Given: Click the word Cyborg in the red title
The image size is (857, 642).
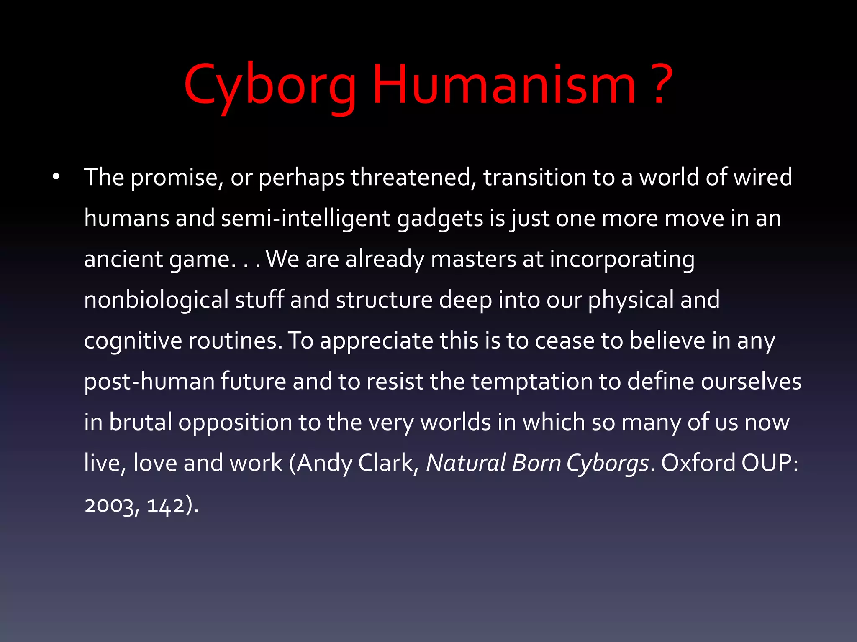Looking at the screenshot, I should (x=270, y=86).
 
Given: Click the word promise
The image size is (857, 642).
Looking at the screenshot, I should (x=175, y=178).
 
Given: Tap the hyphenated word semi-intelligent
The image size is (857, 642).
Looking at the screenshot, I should (x=305, y=218).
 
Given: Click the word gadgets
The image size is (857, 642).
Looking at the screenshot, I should (x=440, y=219).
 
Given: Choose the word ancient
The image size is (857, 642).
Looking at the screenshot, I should (x=123, y=259).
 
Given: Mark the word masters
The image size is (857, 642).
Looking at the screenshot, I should (x=473, y=259).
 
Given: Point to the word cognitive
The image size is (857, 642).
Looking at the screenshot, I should (x=133, y=341).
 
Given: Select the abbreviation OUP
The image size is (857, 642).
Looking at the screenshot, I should (x=770, y=463).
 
